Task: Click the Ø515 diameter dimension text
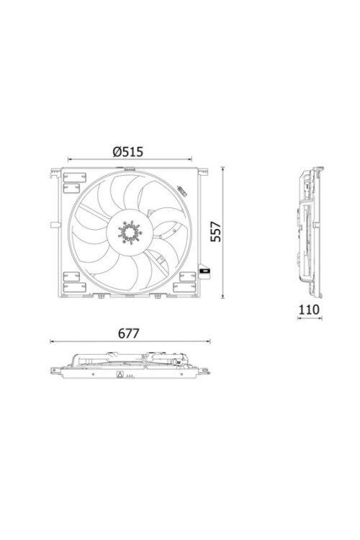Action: pyautogui.click(x=129, y=151)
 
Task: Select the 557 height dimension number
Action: pyautogui.click(x=214, y=231)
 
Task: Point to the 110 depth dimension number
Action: pyautogui.click(x=310, y=310)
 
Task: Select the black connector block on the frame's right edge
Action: pyautogui.click(x=205, y=271)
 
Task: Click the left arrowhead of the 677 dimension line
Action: pyautogui.click(x=53, y=342)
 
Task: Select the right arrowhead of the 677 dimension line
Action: pyautogui.click(x=210, y=342)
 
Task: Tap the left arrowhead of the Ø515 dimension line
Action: pyautogui.click(x=70, y=160)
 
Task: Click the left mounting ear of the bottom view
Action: pyautogui.click(x=55, y=371)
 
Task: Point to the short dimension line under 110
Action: pyautogui.click(x=310, y=319)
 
